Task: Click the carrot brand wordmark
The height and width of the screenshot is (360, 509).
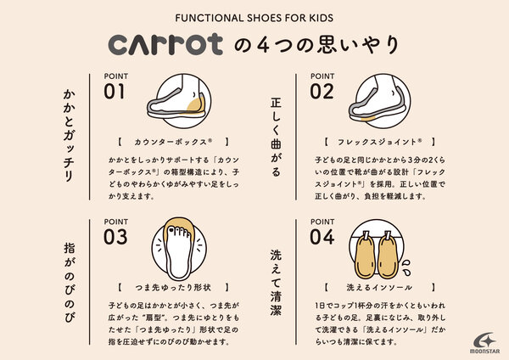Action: click(165, 44)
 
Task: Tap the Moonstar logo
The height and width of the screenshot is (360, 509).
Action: click(484, 343)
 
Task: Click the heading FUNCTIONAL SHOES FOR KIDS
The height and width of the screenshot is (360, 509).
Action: click(255, 18)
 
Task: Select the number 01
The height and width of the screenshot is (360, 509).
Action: click(114, 92)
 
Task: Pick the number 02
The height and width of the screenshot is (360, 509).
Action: click(322, 92)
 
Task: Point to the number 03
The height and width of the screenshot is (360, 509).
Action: click(115, 237)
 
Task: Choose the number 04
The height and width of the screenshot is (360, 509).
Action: click(322, 237)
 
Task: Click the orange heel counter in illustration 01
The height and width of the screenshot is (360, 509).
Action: click(196, 104)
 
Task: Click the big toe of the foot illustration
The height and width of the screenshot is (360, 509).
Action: click(171, 230)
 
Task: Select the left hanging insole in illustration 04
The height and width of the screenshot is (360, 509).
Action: click(366, 257)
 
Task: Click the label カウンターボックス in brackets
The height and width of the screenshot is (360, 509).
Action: click(173, 142)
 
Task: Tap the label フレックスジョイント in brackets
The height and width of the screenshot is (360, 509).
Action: click(379, 142)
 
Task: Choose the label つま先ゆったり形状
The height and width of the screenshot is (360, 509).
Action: click(173, 288)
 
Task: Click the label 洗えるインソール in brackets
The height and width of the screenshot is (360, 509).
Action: click(379, 288)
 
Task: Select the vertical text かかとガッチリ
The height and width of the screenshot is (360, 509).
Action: click(69, 135)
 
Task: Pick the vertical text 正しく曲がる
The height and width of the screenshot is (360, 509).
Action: click(276, 137)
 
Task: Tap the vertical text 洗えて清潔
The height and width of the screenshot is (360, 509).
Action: click(276, 283)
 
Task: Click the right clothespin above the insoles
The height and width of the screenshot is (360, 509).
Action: click(388, 235)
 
